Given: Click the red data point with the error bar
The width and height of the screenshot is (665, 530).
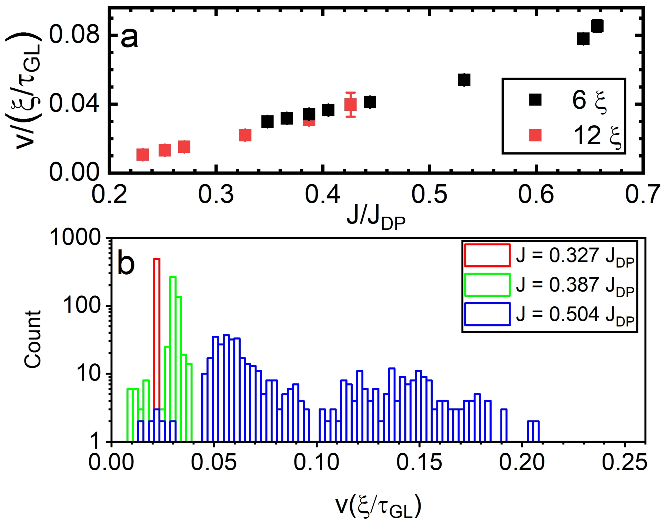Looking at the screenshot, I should click(351, 104).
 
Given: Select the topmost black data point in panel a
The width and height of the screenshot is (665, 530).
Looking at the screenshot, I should click(597, 26).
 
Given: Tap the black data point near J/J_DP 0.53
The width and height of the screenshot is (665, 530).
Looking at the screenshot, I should click(464, 80).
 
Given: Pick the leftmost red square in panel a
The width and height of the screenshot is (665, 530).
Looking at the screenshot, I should click(143, 155).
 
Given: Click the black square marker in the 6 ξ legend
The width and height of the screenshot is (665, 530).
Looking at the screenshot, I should click(535, 100).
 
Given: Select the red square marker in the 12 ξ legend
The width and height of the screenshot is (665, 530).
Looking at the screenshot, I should click(535, 135).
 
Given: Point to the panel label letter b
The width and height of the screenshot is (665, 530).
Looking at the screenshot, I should click(126, 264).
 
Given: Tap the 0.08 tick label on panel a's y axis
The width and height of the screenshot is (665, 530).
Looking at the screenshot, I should click(74, 35).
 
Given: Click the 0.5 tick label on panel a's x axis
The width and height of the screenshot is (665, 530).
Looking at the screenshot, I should click(429, 194).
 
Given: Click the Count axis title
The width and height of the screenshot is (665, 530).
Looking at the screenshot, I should click(33, 339).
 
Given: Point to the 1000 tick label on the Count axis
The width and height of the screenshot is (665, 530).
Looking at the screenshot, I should click(75, 237).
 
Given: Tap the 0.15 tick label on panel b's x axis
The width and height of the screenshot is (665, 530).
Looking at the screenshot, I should click(419, 462).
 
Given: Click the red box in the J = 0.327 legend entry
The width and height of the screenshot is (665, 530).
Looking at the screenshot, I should click(487, 255).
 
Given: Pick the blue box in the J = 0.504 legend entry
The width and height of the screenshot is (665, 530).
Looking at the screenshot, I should click(487, 314).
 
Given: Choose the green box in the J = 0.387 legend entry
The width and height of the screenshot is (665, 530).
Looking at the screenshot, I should click(487, 285).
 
